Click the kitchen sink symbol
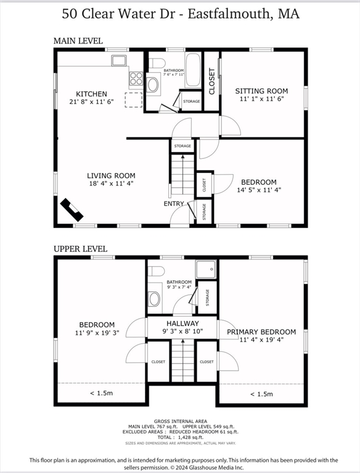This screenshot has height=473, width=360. tap(118, 60)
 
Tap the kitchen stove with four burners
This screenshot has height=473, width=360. tap(136, 79)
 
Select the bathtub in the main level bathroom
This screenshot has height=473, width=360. tap(193, 69)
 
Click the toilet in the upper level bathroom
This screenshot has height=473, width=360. tap(157, 271)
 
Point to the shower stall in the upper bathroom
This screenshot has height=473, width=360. tap(206, 269)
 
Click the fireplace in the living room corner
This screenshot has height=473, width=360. tap(72, 209)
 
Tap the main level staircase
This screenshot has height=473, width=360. tap(182, 175)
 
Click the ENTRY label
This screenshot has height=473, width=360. tap(173, 204)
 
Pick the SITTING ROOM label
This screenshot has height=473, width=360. tap(262, 91)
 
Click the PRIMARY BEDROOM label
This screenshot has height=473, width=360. tap(261, 332)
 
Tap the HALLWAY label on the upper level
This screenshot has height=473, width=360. tap(182, 323)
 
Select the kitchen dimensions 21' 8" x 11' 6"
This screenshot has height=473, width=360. tap(92, 103)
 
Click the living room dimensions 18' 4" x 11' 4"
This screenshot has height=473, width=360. tap(111, 184)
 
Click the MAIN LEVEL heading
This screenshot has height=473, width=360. tap(78, 41)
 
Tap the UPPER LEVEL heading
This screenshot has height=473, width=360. tap(80, 249)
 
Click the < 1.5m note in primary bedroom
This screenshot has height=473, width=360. tap(261, 394)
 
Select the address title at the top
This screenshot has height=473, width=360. tap(180, 14)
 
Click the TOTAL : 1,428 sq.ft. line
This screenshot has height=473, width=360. tap(181, 437)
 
